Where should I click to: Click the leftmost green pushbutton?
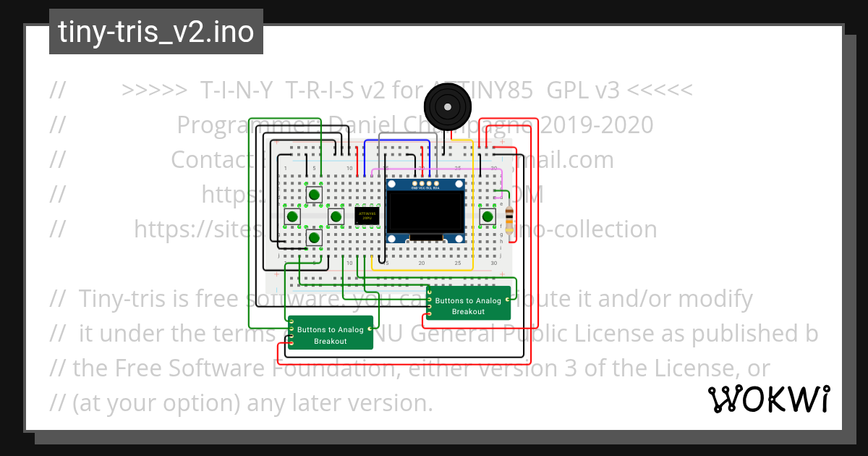click(x=292, y=216)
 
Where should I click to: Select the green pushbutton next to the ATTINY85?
click(x=336, y=216)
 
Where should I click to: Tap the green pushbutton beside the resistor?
click(x=488, y=216)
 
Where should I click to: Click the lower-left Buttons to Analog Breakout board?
click(x=331, y=333)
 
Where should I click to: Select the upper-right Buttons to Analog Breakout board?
click(x=469, y=303)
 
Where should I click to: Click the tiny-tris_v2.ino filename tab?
click(x=156, y=33)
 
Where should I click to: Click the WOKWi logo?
click(x=769, y=400)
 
